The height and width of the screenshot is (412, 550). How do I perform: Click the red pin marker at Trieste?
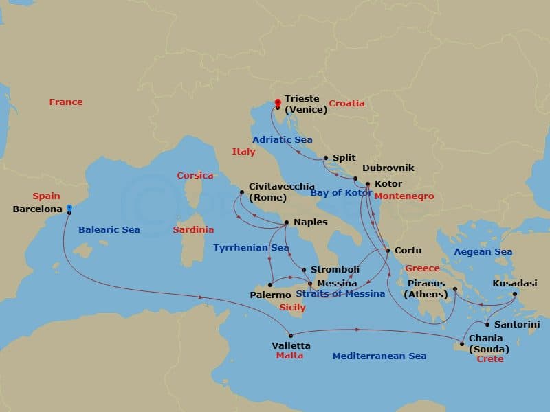coord(277,103)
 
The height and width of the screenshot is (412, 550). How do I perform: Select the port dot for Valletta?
coord(291,336)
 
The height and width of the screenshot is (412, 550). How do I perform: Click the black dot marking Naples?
coord(287,222)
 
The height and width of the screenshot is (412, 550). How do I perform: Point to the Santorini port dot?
coord(487,324)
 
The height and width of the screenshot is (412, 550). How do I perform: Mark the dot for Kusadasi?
coord(516,294)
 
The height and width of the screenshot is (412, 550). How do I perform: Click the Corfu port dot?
coord(388,251)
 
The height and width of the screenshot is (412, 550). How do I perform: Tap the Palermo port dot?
coord(271,284)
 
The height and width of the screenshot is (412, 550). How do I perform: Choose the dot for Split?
coord(326,158)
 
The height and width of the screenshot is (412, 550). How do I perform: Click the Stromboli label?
coord(334,270)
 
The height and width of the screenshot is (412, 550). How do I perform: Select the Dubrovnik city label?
coord(388,168)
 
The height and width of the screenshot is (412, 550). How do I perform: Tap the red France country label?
coord(66,102)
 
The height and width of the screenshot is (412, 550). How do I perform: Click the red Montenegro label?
coord(404,196)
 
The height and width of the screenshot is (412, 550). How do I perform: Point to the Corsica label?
coord(195,176)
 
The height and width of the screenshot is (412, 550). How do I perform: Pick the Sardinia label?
coord(193,230)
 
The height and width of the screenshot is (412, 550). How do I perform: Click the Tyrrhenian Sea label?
coord(251,247)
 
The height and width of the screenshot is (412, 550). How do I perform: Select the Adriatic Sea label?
coord(283,139)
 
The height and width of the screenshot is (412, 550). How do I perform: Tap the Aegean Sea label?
coord(483,252)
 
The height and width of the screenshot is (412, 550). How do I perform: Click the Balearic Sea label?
coord(109,230)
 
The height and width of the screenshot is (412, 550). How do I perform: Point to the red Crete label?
coord(489,359)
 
